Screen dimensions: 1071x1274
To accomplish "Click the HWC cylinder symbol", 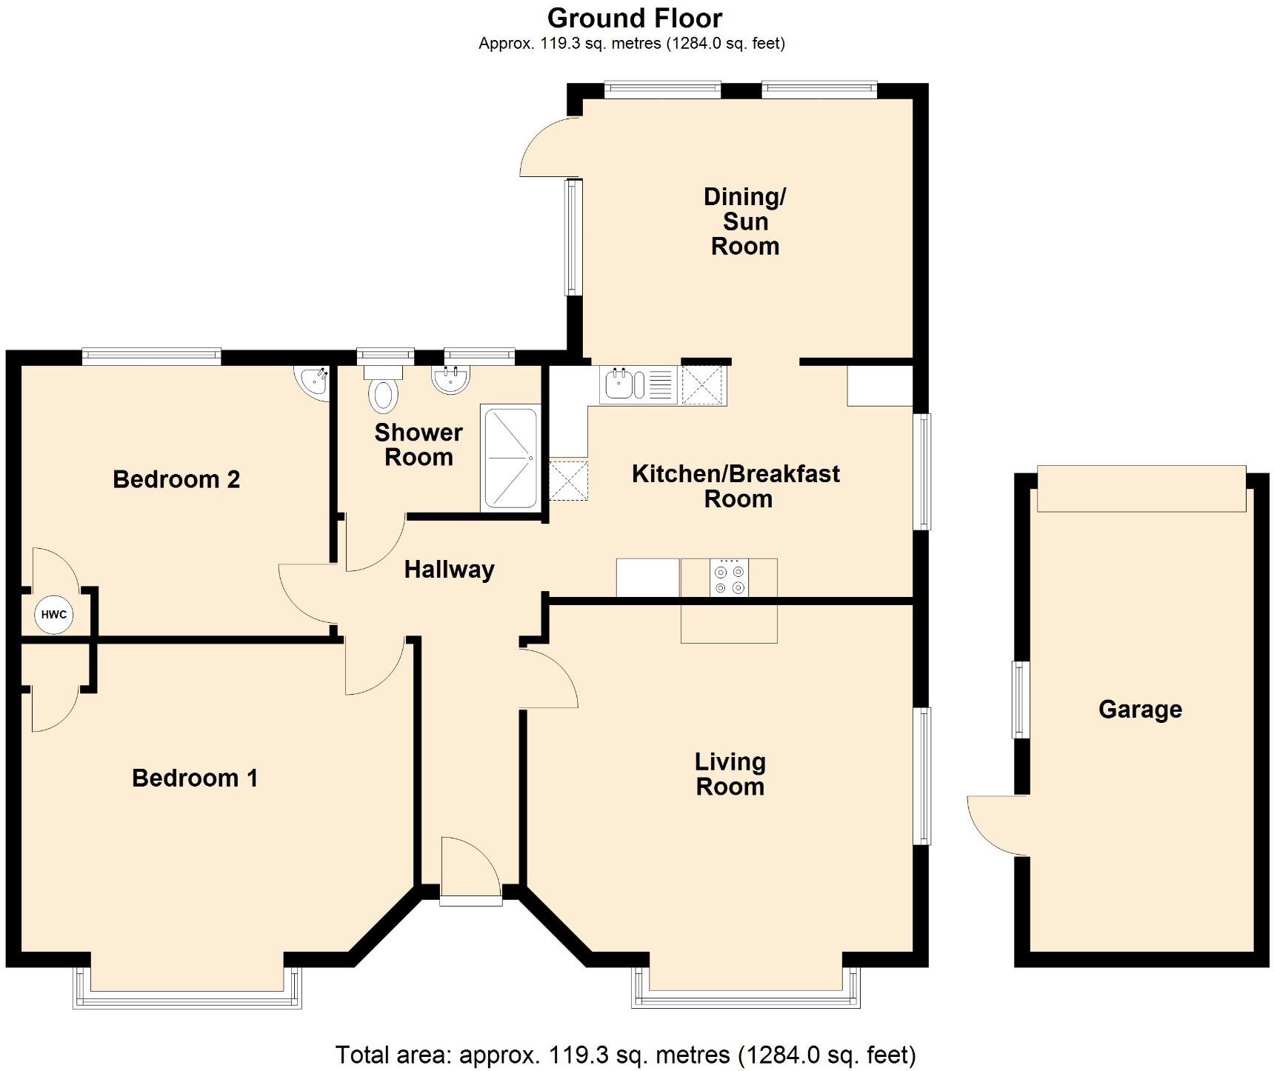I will tap(53, 615).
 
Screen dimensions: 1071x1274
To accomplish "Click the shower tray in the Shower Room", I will tap(510, 458).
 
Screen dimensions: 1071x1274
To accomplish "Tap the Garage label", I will tap(1140, 710).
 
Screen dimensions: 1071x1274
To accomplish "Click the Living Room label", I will tap(730, 774).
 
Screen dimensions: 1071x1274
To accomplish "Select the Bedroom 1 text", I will tap(195, 778).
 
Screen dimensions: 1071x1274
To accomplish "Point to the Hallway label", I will tap(449, 570).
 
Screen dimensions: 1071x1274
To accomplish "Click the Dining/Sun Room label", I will tap(744, 221).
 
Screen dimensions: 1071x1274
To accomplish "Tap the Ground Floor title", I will tap(635, 18).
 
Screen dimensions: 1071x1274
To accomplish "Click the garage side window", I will tap(1021, 700).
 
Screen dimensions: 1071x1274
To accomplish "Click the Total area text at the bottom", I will tap(626, 1054).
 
